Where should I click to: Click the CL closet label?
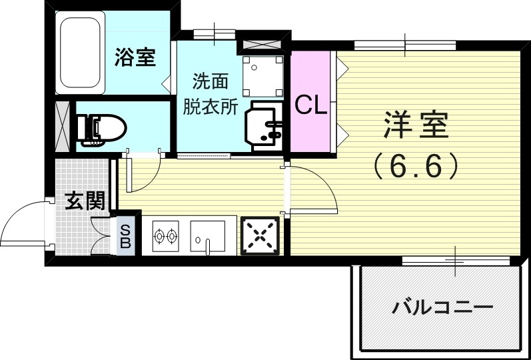[x=311, y=105]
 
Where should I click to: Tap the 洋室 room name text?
[x=414, y=125]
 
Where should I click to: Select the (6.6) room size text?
[x=416, y=165]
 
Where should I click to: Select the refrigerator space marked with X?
[x=259, y=237]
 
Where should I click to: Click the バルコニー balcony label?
[x=442, y=309]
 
